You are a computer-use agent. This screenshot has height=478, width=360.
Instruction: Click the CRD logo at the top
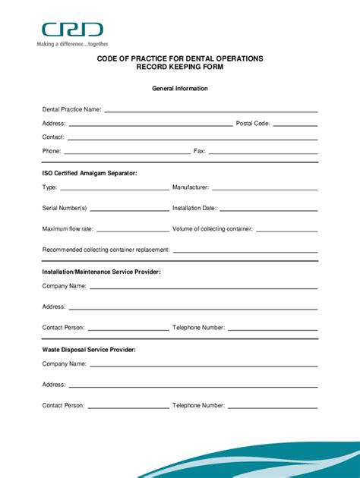[x=72, y=30]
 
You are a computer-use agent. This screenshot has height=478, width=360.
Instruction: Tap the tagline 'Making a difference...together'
[x=72, y=44]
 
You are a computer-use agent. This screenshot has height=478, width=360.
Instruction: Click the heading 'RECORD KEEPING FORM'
[x=180, y=68]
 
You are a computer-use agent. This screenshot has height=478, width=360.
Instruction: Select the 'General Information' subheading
[x=180, y=89]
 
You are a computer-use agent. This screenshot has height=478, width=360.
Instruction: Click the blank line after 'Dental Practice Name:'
[x=210, y=112]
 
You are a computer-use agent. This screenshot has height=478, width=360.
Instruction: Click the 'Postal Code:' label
[x=253, y=124]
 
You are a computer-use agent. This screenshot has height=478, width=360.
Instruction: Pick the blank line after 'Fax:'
[x=263, y=153]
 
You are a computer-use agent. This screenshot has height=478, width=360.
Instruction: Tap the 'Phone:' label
[x=52, y=151]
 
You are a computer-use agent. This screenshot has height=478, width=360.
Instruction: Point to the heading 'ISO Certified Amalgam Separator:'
[x=90, y=174]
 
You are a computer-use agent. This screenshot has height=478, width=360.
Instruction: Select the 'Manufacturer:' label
[x=191, y=187]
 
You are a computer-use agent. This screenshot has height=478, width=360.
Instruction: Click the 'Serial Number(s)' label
[x=65, y=208]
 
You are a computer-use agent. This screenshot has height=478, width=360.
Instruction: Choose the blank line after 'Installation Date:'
[x=268, y=209]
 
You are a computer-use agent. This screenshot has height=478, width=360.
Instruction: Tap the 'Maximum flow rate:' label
[x=68, y=228]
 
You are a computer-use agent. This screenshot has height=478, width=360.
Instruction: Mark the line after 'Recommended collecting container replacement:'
[x=245, y=251]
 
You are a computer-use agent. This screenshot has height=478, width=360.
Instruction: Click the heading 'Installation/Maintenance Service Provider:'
[x=102, y=271]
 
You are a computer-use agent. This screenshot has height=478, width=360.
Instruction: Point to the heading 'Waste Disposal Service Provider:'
[x=89, y=349]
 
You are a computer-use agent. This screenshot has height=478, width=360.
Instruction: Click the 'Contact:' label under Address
[x=53, y=137]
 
